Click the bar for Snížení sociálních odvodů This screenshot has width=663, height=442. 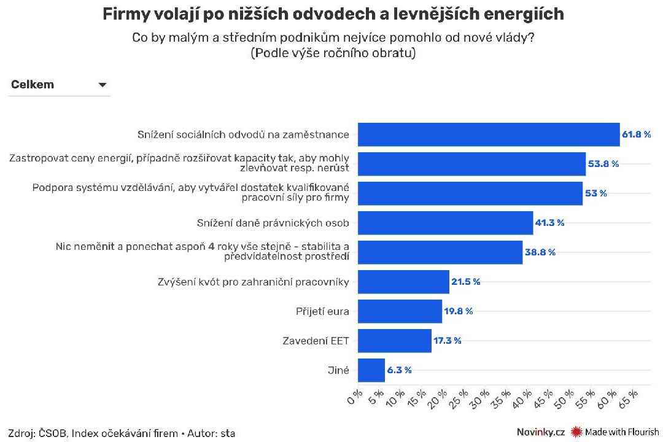(x=489, y=134)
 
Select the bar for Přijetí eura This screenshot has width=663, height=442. (x=400, y=311)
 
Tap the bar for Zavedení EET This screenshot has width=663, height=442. (x=395, y=341)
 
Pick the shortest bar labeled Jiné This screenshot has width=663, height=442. (x=371, y=370)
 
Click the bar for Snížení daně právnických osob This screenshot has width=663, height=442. (x=445, y=223)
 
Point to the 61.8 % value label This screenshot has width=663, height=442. (x=636, y=134)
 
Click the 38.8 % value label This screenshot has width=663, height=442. (x=540, y=252)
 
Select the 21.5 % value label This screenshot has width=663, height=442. (x=465, y=282)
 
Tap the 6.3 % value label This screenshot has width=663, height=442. (x=400, y=370)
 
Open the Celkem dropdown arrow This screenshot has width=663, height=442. (x=103, y=85)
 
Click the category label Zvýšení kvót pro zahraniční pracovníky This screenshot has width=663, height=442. (x=253, y=282)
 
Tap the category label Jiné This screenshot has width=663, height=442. (x=338, y=370)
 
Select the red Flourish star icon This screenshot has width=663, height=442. (x=576, y=432)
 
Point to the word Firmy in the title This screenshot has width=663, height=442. (x=125, y=14)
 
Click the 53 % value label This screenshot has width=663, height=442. (x=595, y=193)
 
